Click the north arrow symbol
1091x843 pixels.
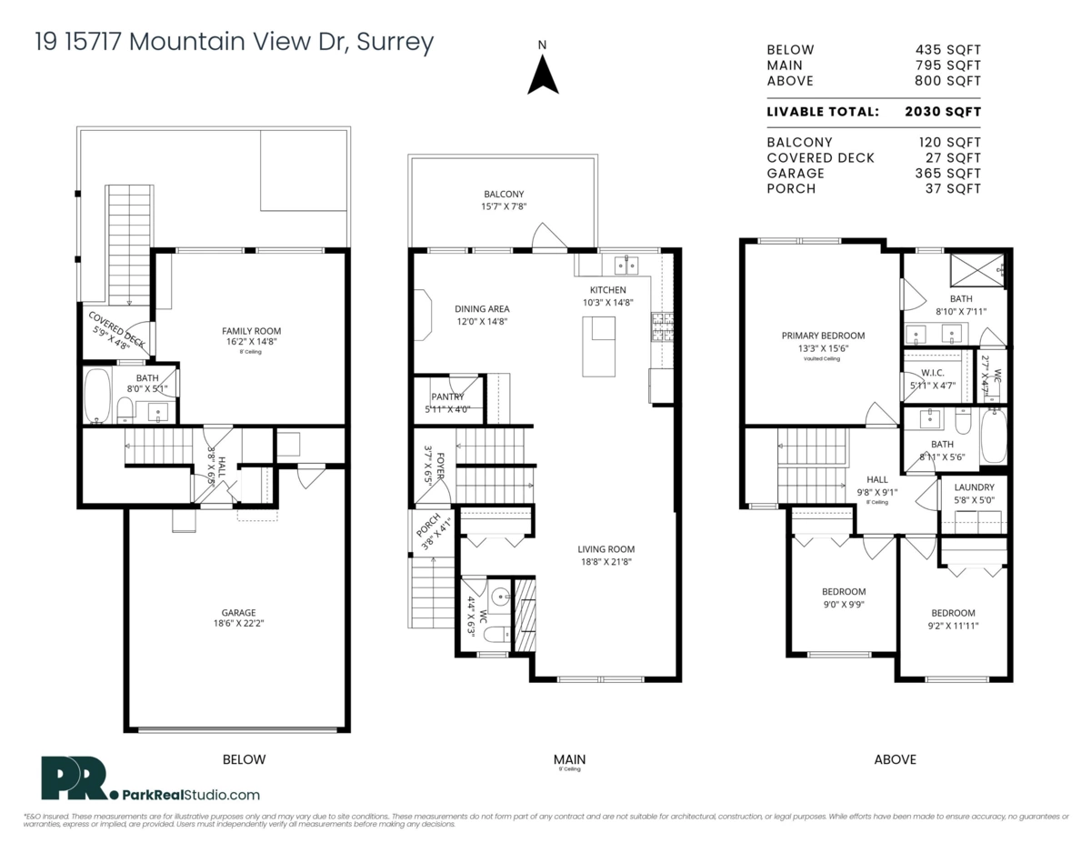(x=543, y=74)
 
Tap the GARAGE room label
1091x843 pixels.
(x=238, y=612)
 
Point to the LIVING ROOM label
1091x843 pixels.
(x=606, y=549)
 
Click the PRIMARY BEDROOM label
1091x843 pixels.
(x=823, y=336)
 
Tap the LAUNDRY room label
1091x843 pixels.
(x=973, y=487)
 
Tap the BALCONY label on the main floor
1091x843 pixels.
(x=503, y=195)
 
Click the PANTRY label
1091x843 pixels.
(x=447, y=396)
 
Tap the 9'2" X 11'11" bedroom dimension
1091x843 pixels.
(x=952, y=626)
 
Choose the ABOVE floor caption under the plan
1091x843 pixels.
(x=895, y=759)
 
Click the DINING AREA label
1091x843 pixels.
(x=482, y=309)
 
